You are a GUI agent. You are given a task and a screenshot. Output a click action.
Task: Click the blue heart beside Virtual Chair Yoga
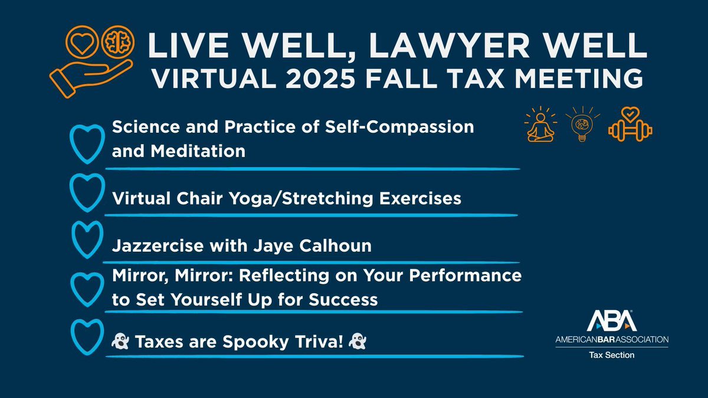pos(84,193)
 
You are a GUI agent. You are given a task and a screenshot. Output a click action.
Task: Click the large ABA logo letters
pos(612,320)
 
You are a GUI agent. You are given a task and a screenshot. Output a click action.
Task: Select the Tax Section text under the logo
pos(612,355)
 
